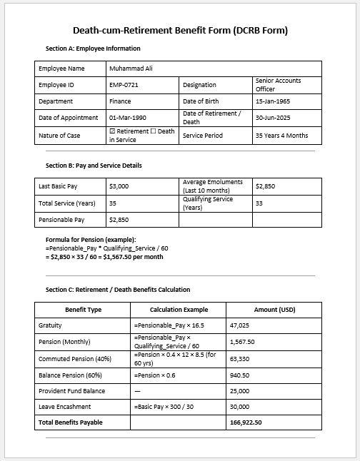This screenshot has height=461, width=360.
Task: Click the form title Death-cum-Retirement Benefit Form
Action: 180,31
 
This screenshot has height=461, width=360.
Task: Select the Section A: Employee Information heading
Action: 93,49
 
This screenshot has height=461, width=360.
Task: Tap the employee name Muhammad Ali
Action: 131,69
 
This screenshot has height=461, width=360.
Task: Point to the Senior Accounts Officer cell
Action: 278,85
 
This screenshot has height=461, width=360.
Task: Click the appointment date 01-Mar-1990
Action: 128,118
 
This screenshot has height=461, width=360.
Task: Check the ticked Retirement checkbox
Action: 112,131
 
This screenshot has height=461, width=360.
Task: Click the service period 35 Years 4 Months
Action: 281,135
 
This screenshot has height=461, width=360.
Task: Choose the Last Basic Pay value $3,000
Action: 119,186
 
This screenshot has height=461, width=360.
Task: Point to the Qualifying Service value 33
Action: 259,203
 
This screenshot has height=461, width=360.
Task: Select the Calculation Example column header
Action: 179,310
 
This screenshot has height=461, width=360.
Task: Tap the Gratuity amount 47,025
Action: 239,325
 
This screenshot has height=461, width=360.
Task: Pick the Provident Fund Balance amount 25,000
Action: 239,390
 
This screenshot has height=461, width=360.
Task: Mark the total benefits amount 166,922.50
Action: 246,422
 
